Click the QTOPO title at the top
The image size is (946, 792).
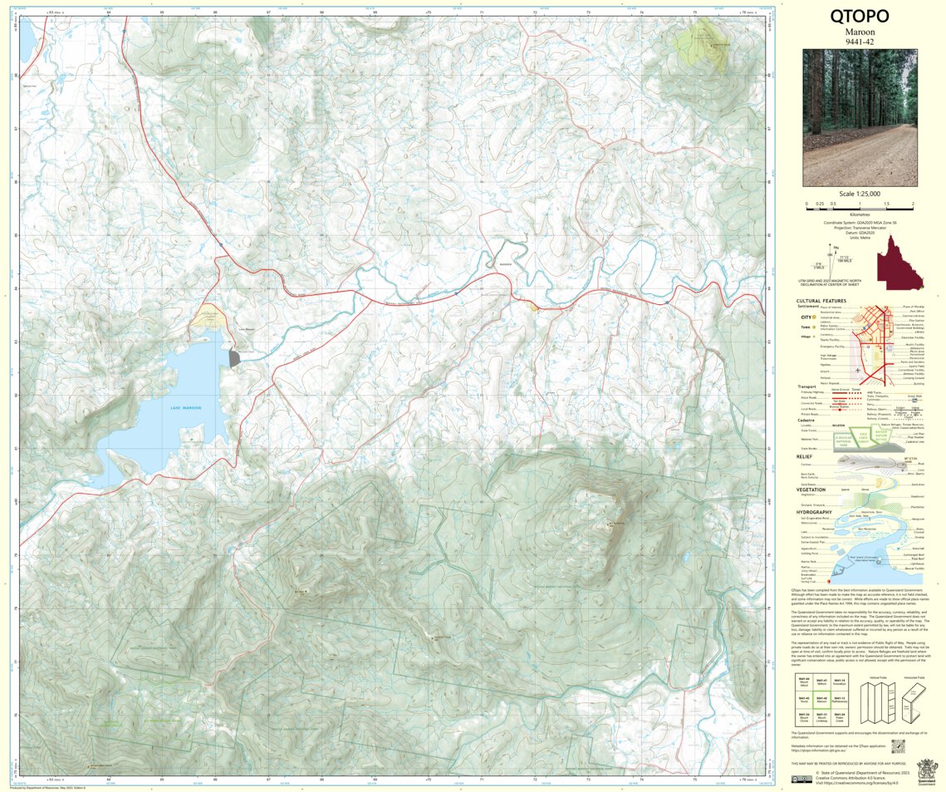(x=860, y=17)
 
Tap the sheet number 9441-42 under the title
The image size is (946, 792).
(x=860, y=42)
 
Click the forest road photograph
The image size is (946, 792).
(x=860, y=117)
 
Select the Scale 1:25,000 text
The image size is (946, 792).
(x=860, y=194)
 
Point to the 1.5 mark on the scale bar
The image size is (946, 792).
(x=886, y=204)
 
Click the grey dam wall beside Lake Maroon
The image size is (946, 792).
(x=233, y=358)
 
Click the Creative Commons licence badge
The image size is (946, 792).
(x=801, y=779)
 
